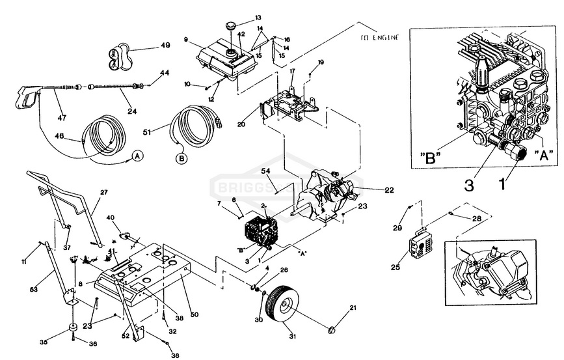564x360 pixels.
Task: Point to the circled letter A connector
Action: coord(137,156)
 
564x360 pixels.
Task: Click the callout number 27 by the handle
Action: coord(103,192)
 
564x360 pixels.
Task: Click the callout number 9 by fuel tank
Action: coord(186,40)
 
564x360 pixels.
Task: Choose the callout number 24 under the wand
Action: coord(132,111)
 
